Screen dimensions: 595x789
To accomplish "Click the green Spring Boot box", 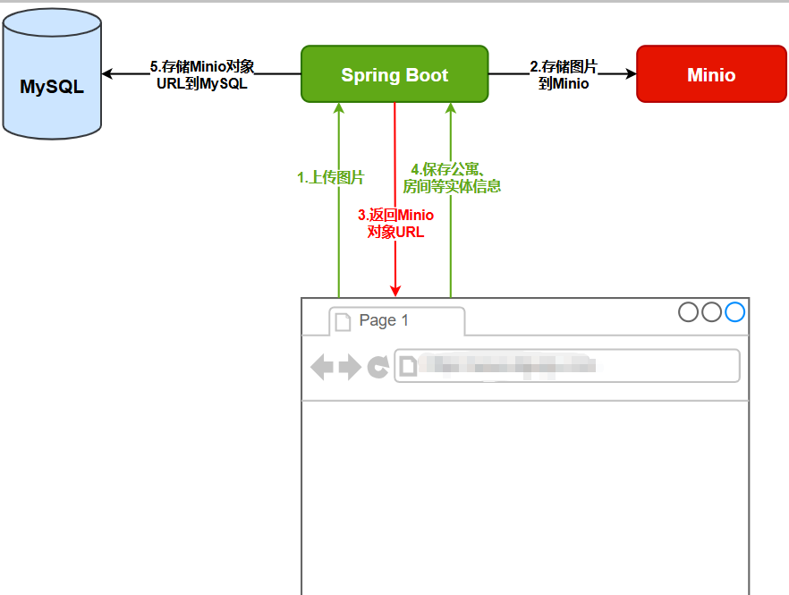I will click(394, 74).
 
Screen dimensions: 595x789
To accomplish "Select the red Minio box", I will click(711, 74).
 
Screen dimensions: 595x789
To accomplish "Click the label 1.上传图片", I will click(331, 178).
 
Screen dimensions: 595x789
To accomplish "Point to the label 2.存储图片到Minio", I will click(564, 75).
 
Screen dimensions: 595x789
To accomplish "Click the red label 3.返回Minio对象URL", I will click(395, 223).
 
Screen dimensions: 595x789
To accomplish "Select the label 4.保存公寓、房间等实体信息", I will click(452, 178).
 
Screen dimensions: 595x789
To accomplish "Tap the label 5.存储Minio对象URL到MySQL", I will click(202, 75).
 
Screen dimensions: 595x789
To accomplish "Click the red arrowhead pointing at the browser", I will click(394, 290).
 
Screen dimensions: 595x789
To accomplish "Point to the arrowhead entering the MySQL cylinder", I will click(108, 74).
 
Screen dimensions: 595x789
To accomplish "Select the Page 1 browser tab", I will click(396, 320).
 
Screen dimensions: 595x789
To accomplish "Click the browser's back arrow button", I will click(321, 366).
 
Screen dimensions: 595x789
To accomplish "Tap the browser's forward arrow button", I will click(350, 366).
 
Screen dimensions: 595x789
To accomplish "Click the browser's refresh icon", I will click(378, 366).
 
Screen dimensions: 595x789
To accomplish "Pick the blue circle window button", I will click(735, 311).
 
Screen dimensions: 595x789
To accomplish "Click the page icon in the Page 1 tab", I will click(342, 321).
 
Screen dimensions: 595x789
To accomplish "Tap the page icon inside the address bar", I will click(407, 365).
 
